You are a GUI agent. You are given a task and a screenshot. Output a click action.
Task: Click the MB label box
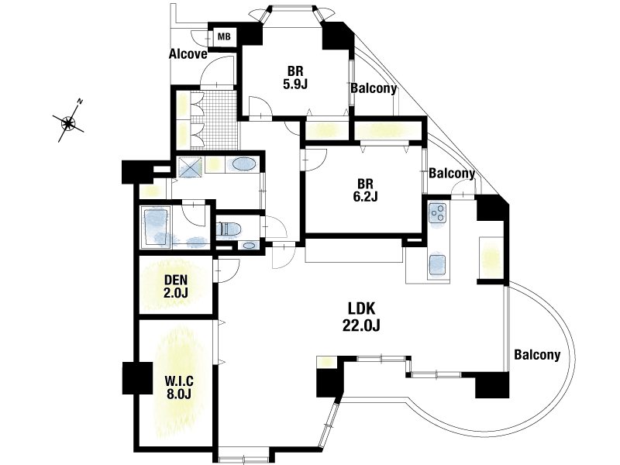224,36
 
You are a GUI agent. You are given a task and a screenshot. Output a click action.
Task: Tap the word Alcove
188,53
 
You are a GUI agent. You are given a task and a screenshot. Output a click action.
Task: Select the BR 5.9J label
295,77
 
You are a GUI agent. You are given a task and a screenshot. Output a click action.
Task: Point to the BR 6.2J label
365,190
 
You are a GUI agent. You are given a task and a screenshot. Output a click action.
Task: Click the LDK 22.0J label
361,317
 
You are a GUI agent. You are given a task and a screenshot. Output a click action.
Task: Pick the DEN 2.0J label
176,286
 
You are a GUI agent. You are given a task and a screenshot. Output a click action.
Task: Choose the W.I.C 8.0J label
179,387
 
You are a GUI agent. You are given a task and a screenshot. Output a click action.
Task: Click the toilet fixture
229,229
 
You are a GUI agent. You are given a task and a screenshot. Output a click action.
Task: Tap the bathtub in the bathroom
156,227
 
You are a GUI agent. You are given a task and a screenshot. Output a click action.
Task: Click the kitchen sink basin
437,263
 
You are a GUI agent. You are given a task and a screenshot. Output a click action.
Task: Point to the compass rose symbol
69,123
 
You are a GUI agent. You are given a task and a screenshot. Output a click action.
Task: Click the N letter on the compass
81,102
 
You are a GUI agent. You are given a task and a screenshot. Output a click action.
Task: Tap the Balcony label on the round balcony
537,355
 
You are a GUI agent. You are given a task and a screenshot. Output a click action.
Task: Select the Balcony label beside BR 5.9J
374,88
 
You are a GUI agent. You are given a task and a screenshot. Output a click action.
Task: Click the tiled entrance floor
220,120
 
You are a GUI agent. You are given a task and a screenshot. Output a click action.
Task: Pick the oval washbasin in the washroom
243,164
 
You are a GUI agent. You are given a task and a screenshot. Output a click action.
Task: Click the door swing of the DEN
226,270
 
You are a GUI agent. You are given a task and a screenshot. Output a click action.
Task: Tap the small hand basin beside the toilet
249,246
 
